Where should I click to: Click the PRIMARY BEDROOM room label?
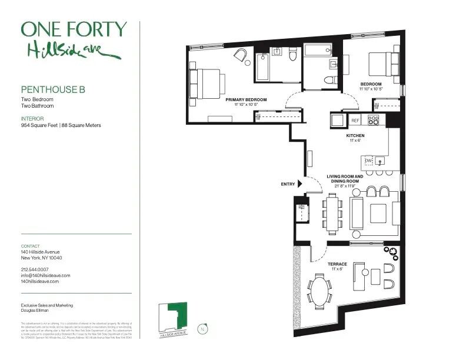point(246,100)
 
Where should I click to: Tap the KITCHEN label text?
point(355,136)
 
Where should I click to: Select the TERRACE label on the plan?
point(337,264)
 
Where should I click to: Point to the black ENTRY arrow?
point(300,184)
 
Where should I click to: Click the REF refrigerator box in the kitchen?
point(355,121)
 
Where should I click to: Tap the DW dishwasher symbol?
point(368,160)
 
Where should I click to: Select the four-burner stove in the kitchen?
point(374,120)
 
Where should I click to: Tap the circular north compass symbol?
point(204,329)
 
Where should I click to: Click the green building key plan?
point(174,316)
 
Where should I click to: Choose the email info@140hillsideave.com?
point(45,275)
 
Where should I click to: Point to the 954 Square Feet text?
point(39,125)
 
